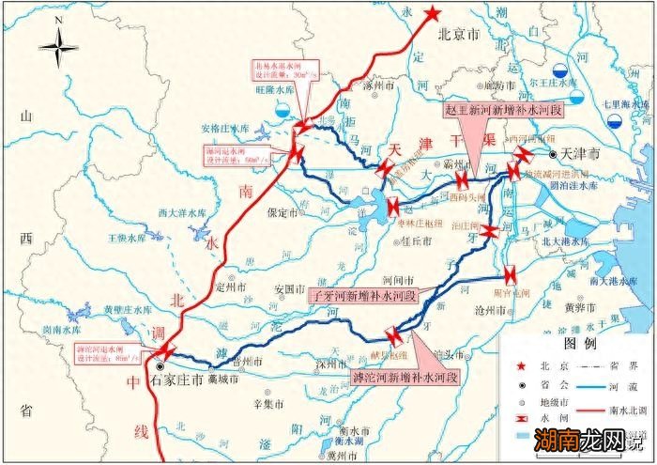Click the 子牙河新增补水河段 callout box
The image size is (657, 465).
pyautogui.click(x=361, y=295)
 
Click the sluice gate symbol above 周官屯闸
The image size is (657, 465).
pyautogui.click(x=510, y=275)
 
